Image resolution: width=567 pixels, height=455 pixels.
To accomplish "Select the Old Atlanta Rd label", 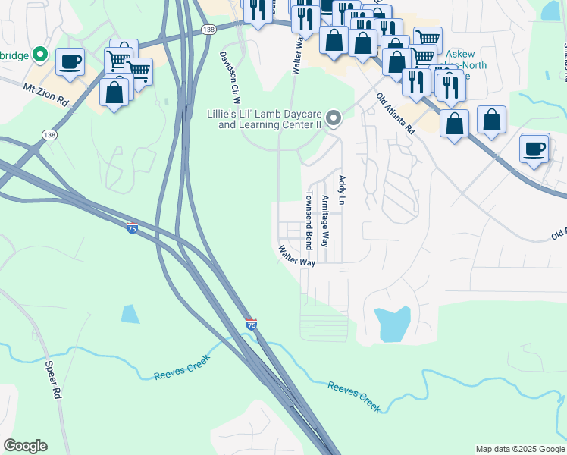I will (x=396, y=114).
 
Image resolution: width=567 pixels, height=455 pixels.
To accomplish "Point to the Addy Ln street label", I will (x=342, y=190).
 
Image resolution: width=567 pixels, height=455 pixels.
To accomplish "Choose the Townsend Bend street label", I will (x=309, y=220).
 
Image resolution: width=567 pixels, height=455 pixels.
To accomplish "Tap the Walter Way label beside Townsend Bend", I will (x=296, y=256).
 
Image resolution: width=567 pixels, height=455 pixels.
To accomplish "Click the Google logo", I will (x=25, y=446).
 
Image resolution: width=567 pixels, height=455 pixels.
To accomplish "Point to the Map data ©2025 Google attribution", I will (x=519, y=449).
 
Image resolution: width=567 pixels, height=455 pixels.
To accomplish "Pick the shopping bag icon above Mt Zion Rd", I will (x=114, y=93).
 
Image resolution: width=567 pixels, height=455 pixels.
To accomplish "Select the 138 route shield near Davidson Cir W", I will (x=209, y=29).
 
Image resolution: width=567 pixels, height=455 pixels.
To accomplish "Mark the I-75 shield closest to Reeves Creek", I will (x=252, y=325).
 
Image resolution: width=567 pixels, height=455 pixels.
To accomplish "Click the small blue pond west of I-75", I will (x=130, y=314).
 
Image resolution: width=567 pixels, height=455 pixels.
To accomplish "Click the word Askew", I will (x=460, y=55).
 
